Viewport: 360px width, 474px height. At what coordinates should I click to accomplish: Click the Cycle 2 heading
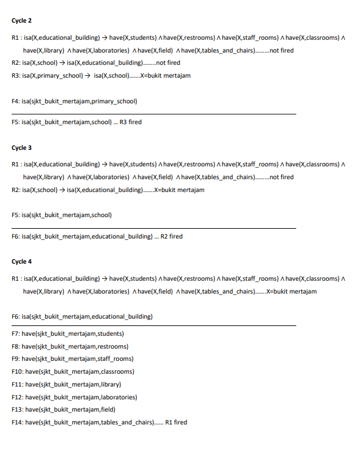(21, 20)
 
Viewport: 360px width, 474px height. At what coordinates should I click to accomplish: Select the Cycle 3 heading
(21, 147)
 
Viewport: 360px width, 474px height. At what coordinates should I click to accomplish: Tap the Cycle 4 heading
(21, 262)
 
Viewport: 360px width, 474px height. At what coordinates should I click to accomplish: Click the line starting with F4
(74, 101)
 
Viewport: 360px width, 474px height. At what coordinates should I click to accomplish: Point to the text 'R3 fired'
(130, 122)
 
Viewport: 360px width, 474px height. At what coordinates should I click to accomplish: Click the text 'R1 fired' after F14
(176, 422)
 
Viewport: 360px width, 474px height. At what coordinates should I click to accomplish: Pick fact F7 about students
(68, 334)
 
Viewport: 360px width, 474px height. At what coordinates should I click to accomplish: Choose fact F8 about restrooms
(70, 346)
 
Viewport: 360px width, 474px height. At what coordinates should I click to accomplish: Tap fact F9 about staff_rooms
(72, 359)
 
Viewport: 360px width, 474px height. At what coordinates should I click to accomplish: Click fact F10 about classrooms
(73, 371)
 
